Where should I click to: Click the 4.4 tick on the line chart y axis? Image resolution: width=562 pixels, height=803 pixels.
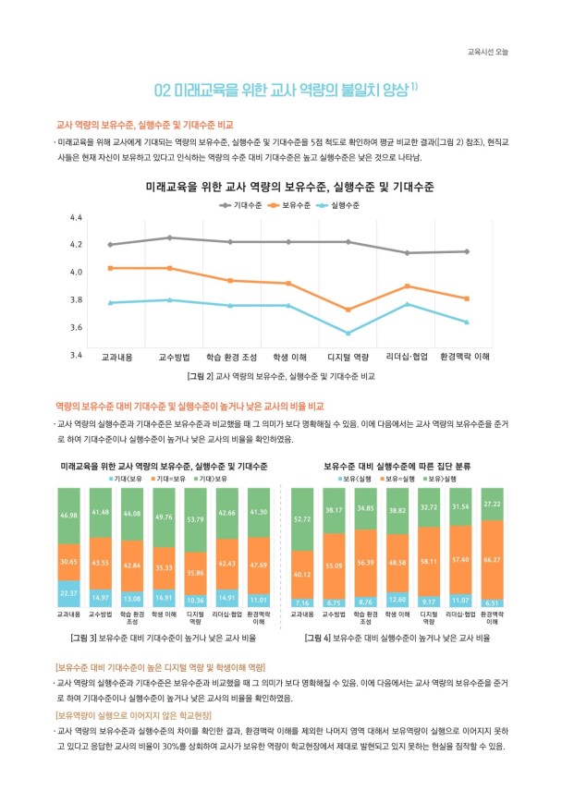(x=77, y=217)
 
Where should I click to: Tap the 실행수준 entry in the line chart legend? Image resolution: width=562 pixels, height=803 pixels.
(x=343, y=204)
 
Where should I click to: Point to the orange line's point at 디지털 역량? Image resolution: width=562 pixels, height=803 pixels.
(x=348, y=310)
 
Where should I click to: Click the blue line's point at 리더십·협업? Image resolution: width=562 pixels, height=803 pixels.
(x=408, y=304)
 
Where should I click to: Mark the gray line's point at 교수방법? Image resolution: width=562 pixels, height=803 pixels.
(x=169, y=237)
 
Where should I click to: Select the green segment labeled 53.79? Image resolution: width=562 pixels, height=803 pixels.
(x=195, y=519)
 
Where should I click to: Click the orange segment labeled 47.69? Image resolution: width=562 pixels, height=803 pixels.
(x=258, y=566)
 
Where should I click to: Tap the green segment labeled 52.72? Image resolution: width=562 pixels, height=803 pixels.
(x=301, y=518)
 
